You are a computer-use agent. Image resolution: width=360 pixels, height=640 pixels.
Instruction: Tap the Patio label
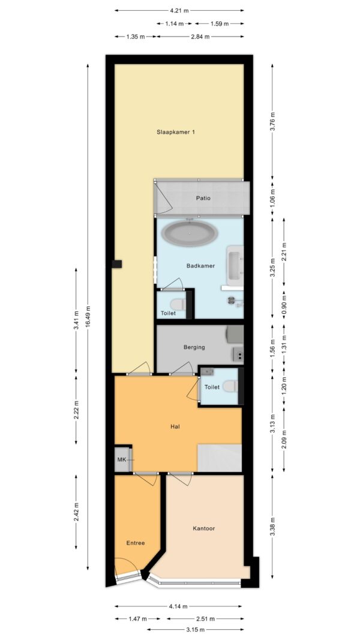pos(203,199)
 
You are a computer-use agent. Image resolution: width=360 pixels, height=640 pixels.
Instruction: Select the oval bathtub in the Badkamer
pos(189,233)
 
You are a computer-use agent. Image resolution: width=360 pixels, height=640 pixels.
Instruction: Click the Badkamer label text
pos(200,266)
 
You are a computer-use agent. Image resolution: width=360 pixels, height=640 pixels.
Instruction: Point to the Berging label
pos(194,347)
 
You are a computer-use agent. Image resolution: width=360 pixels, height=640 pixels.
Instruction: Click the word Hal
pos(175,427)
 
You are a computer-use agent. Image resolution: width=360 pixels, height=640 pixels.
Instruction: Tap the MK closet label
pos(122,459)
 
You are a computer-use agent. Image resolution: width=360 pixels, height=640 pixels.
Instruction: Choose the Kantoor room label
pos(203,528)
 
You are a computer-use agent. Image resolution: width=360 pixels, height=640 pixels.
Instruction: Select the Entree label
pos(136,543)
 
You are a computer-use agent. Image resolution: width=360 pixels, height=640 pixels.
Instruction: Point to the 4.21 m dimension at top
pos(179,10)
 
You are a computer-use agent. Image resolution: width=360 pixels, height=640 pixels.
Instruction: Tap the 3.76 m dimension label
pos(272,121)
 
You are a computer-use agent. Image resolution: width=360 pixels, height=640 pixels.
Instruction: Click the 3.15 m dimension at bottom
pos(195,629)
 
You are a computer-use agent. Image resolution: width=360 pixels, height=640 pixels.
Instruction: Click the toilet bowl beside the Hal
pos(230,386)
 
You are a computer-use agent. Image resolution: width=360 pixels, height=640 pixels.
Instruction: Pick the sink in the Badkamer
pos(235,265)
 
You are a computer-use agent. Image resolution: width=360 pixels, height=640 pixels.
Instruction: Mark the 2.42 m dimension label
pos(76,512)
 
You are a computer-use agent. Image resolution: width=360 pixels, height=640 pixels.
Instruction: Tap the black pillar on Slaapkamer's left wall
pos(117,264)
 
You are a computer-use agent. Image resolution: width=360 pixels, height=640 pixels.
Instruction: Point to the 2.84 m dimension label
pos(200,37)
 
